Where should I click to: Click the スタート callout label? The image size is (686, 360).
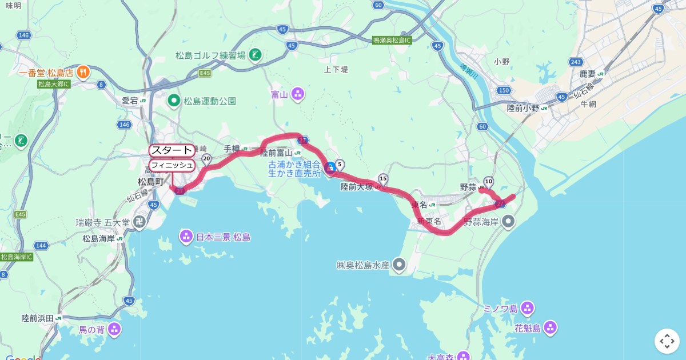[171, 150]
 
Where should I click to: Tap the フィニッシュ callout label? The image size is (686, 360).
[171, 165]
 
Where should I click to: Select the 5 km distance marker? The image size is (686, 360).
[340, 165]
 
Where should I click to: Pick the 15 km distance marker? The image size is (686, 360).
[383, 179]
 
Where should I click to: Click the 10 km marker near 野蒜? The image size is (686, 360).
[488, 181]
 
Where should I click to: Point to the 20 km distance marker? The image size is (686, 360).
[206, 158]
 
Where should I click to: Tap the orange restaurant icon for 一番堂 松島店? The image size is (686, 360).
[83, 72]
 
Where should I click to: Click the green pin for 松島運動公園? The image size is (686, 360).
[174, 101]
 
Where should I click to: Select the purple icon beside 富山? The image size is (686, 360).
[298, 94]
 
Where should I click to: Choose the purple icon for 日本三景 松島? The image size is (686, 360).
[186, 236]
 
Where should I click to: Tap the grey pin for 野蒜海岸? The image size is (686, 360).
[509, 221]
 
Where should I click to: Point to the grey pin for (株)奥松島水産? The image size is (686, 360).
[399, 265]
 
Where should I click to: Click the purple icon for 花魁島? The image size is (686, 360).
[550, 328]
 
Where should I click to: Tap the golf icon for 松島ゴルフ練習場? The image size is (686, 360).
[256, 55]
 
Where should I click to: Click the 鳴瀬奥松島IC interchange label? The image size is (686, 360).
[392, 40]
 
